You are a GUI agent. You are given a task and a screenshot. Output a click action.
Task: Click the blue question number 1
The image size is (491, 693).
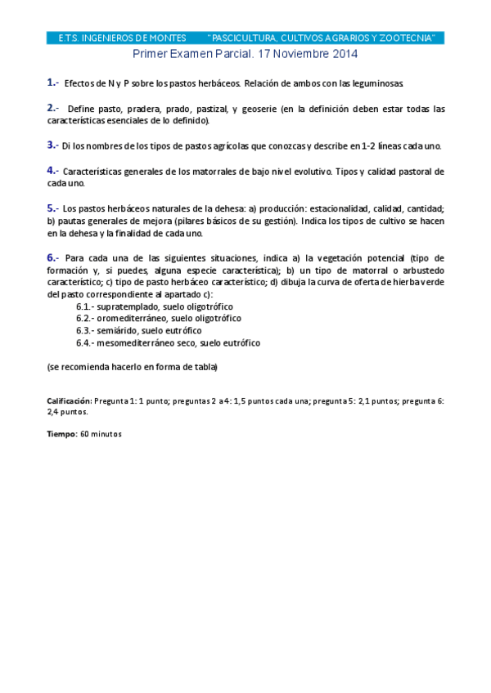51,83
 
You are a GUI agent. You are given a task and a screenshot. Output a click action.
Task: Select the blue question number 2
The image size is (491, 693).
51,108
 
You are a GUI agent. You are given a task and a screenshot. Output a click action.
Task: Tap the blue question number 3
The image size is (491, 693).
51,145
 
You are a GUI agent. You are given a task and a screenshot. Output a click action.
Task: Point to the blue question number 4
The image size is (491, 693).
51,171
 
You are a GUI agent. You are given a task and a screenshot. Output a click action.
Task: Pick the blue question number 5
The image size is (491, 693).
51,208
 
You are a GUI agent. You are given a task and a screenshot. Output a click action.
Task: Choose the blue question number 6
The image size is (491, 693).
51,257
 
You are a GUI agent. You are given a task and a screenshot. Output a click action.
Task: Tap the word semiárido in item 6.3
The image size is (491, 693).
119,331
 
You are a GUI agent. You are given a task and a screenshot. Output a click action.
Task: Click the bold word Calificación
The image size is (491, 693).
69,402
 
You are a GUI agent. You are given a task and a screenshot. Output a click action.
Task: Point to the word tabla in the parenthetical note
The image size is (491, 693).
204,368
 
